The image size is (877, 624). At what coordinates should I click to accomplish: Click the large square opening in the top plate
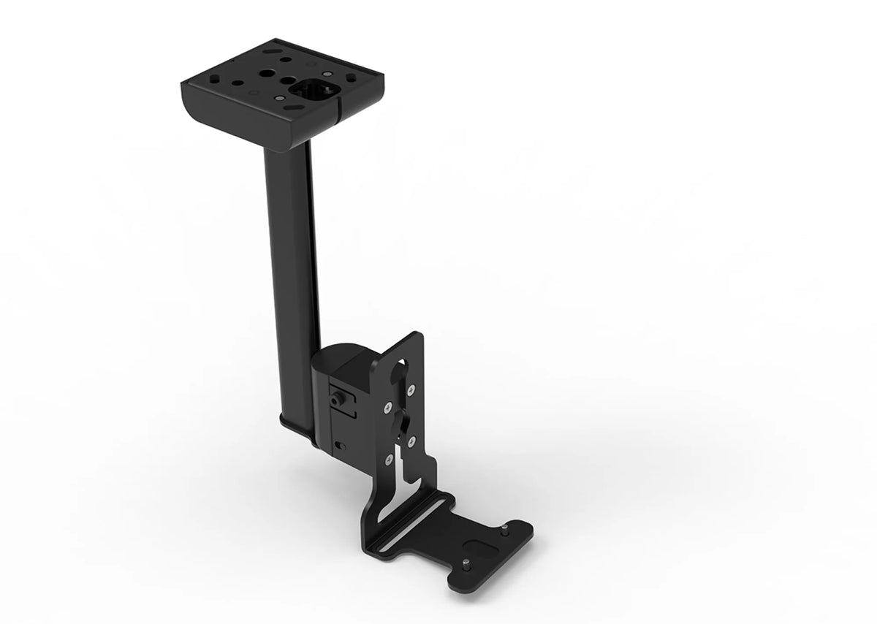[x=312, y=90]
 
